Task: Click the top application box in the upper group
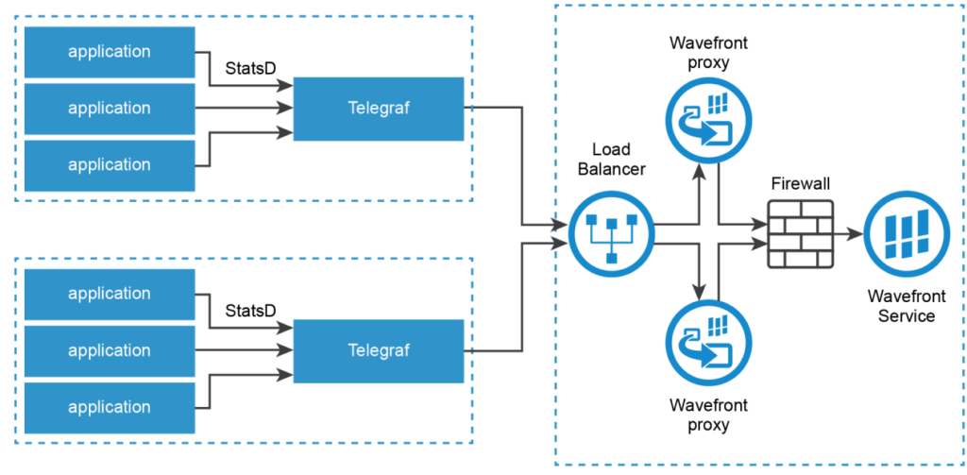(110, 51)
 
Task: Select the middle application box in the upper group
(110, 108)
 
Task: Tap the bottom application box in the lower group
(110, 407)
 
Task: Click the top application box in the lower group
(110, 294)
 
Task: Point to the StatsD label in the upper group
(250, 69)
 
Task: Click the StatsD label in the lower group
(250, 312)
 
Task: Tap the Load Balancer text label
(611, 160)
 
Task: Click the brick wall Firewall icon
(801, 234)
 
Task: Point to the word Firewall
(800, 183)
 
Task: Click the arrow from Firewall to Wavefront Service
(847, 234)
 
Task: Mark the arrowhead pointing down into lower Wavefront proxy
(700, 291)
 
